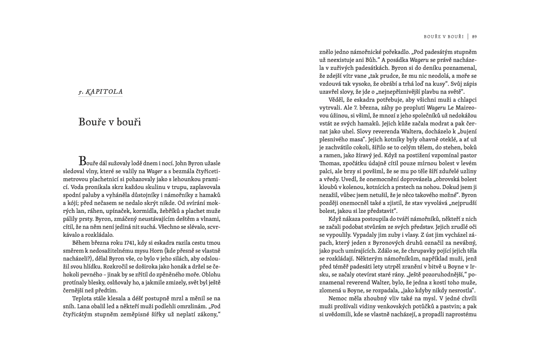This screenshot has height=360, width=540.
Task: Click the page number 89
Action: click(x=474, y=36)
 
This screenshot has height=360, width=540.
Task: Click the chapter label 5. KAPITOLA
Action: click(x=100, y=91)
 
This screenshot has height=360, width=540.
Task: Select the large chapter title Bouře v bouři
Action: click(x=110, y=121)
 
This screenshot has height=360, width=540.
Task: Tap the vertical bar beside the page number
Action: click(x=468, y=36)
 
